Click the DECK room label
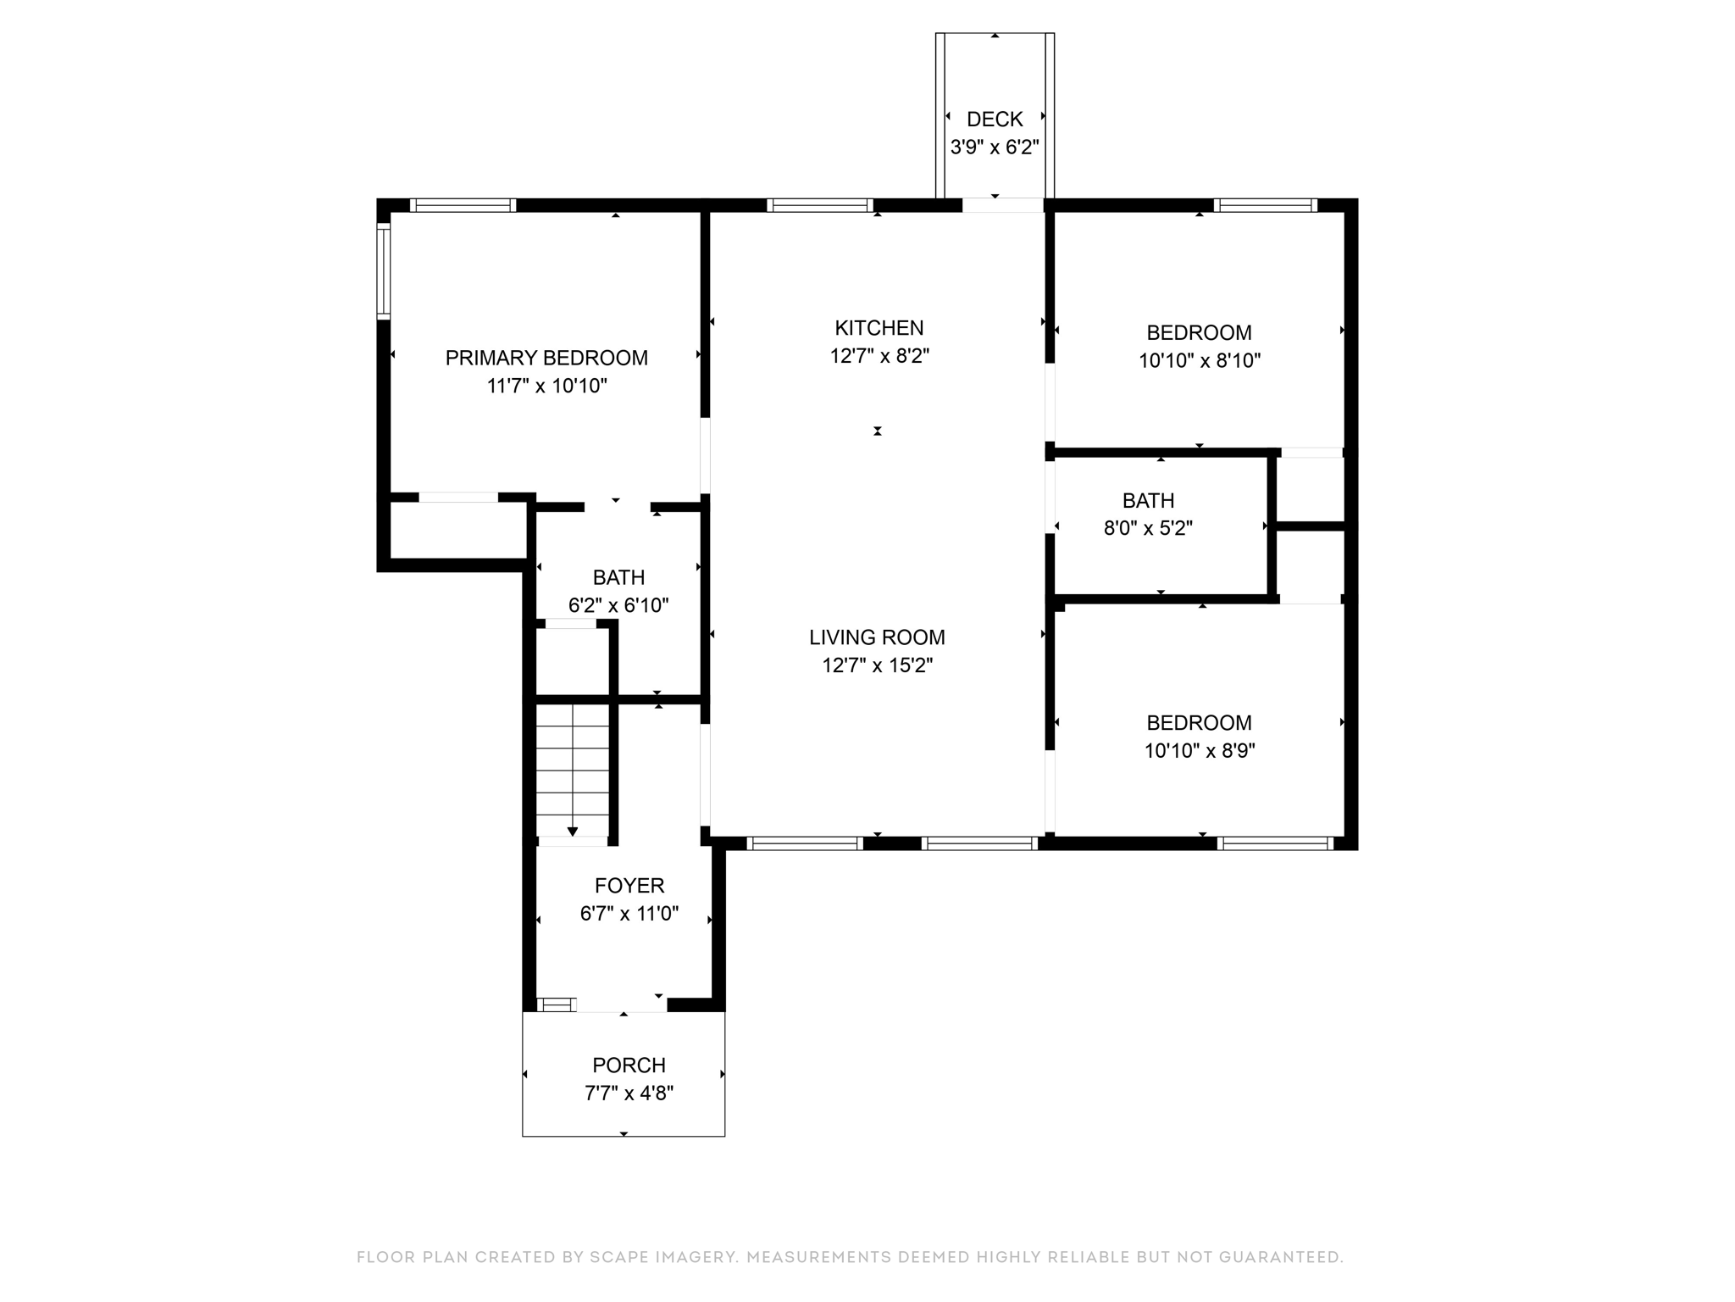(995, 120)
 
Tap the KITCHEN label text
(879, 328)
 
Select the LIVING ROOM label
(877, 637)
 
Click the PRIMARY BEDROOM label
(546, 358)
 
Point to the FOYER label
(629, 886)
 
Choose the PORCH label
(629, 1066)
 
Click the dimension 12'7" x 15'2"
(878, 665)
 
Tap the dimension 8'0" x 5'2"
(1148, 528)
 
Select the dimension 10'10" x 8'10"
(1200, 360)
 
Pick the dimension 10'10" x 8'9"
(1200, 751)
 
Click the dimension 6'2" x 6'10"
(618, 605)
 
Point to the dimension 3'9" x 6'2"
(995, 147)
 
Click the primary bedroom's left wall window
(384, 271)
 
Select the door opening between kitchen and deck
(1003, 205)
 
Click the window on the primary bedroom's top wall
(463, 205)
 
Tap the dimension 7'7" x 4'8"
(629, 1093)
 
